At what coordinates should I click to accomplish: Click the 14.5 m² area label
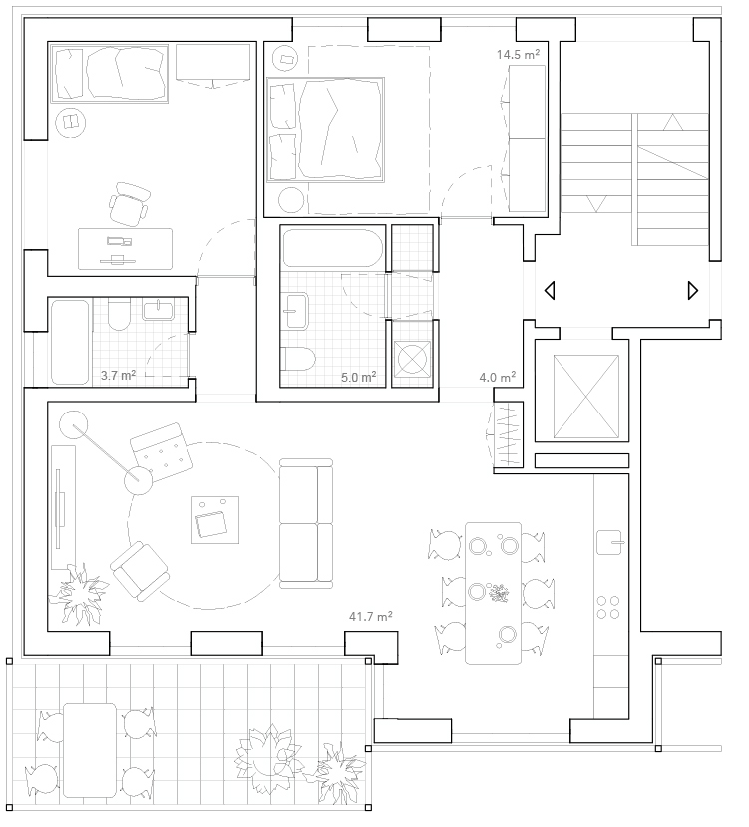click(x=518, y=54)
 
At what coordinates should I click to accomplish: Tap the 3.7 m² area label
click(x=119, y=375)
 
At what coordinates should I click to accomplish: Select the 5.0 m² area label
click(x=358, y=377)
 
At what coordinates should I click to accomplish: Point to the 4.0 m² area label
click(x=498, y=377)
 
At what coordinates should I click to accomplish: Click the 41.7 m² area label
click(x=371, y=616)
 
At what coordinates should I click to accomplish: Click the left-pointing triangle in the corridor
click(x=550, y=291)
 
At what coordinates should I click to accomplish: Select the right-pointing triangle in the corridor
click(x=693, y=291)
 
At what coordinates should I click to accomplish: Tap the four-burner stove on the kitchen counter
click(x=608, y=607)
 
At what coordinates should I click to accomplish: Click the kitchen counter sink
click(x=609, y=542)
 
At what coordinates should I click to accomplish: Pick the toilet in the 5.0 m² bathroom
click(x=297, y=359)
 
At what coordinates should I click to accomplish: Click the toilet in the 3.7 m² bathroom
click(x=119, y=314)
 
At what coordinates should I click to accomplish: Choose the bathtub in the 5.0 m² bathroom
click(x=332, y=248)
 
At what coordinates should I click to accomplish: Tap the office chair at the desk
click(x=128, y=204)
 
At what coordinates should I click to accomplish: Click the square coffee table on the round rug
click(x=215, y=519)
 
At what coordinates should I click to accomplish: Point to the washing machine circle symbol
click(x=412, y=359)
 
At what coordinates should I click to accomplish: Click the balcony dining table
click(x=90, y=750)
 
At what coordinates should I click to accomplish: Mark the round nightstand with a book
click(x=71, y=123)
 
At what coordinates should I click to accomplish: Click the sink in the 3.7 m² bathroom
click(x=158, y=310)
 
